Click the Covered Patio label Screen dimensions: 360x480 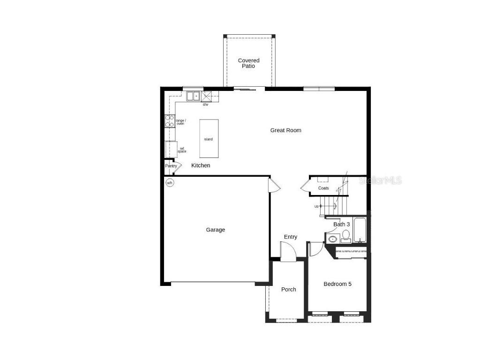248,63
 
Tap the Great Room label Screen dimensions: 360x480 285,130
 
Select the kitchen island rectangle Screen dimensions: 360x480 209,138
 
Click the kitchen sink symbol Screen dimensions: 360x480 193,96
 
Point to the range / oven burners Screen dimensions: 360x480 169,121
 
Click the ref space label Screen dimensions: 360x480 181,150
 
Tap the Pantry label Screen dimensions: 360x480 171,166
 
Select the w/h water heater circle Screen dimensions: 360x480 170,183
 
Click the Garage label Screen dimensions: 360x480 216,230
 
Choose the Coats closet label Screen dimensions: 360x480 323,188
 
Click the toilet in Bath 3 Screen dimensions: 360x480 346,236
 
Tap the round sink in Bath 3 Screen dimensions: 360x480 332,240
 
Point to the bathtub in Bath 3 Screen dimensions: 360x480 360,231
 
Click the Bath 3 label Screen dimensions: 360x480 341,225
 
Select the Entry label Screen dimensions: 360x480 291,237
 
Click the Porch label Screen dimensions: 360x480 289,290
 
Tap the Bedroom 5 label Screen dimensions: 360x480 337,284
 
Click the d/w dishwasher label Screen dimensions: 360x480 205,105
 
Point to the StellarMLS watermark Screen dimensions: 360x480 380,180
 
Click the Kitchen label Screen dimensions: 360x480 201,165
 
